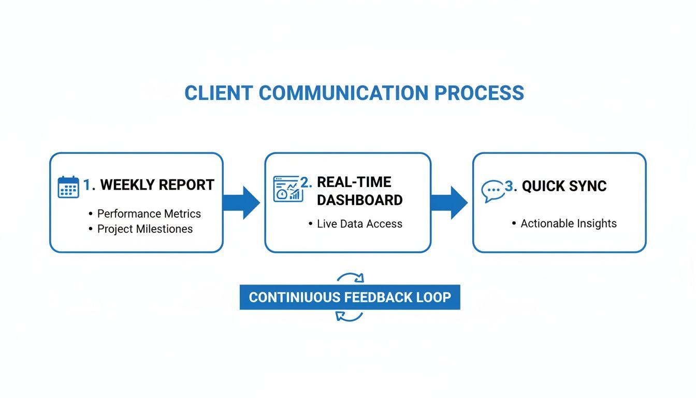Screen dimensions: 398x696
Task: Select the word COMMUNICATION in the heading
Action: click(343, 93)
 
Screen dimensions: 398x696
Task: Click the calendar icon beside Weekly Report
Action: click(68, 187)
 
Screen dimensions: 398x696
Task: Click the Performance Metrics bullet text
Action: click(149, 214)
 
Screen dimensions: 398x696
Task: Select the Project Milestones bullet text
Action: click(145, 229)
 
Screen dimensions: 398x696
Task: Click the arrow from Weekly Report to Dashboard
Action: click(242, 202)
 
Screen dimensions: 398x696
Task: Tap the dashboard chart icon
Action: click(286, 188)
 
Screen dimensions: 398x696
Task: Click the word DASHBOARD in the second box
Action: click(359, 200)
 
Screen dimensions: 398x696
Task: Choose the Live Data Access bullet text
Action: click(359, 224)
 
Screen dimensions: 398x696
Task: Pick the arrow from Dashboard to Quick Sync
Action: click(450, 202)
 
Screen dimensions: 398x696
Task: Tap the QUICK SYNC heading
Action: click(564, 187)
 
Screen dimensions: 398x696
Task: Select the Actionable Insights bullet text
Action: click(569, 223)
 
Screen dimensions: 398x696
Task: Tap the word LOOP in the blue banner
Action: click(433, 297)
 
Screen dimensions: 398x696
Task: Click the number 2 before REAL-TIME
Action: click(306, 182)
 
